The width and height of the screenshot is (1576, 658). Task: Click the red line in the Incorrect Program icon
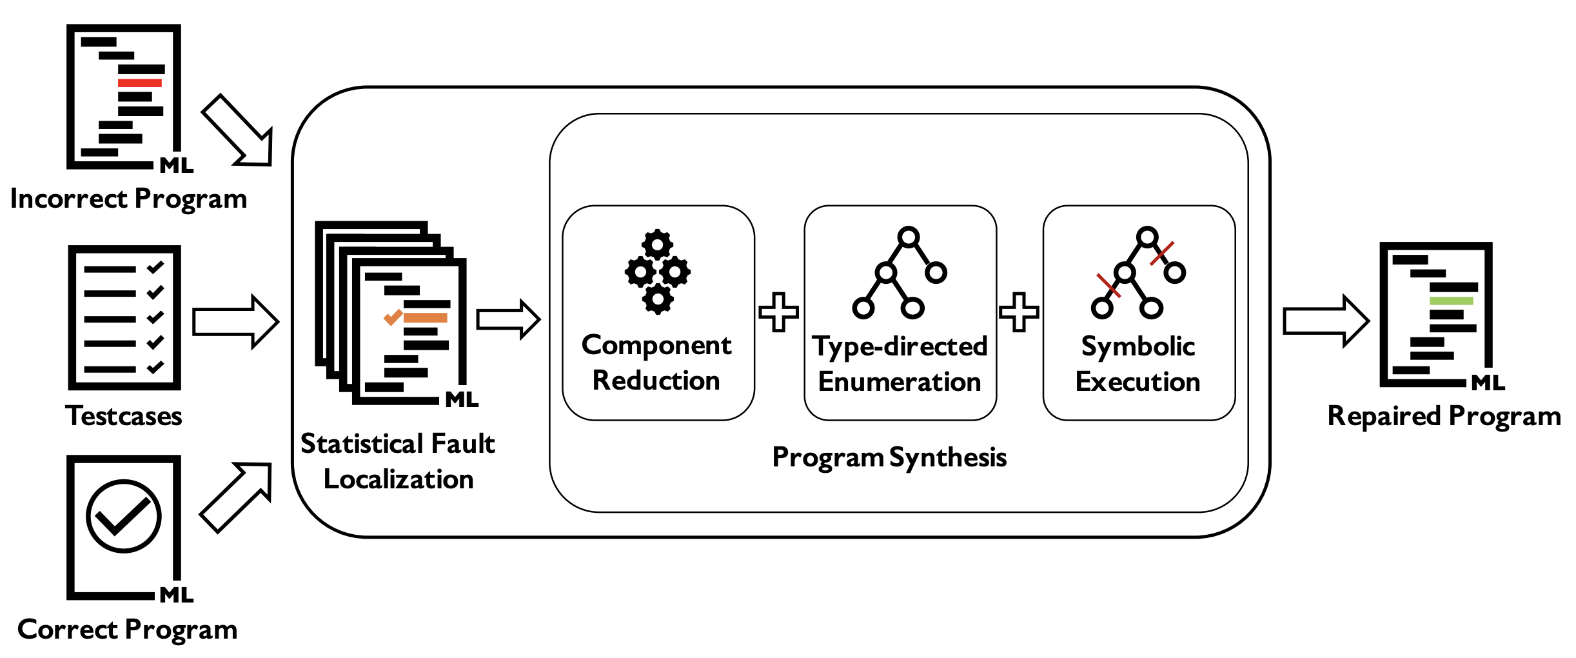140,83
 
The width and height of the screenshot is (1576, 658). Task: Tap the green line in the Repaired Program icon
1451,301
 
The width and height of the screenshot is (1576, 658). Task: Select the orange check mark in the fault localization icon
393,317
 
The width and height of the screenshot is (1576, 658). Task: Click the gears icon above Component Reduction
658,272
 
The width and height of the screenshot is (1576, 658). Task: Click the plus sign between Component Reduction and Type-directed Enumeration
779,312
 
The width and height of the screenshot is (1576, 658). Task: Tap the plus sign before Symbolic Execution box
1019,312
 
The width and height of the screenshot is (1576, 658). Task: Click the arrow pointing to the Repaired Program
1326,321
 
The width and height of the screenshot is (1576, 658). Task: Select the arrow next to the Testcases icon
235,321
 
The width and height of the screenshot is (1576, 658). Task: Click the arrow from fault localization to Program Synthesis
508,319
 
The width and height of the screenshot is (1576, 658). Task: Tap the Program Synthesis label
889,457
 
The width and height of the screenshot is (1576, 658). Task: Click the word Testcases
124,416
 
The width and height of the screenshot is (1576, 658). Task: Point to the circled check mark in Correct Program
123,516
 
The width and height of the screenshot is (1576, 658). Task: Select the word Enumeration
900,382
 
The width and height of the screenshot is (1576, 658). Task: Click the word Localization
399,479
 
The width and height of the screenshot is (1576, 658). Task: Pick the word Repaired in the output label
1383,417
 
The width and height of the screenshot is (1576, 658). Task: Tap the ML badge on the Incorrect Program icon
177,166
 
